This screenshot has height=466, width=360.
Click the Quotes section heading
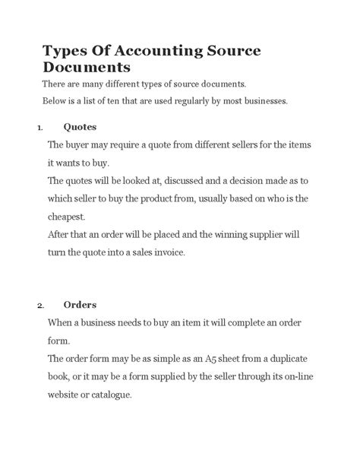[x=80, y=126]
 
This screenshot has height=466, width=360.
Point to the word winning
[x=228, y=235]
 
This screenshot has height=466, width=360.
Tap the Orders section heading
[x=80, y=306]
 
